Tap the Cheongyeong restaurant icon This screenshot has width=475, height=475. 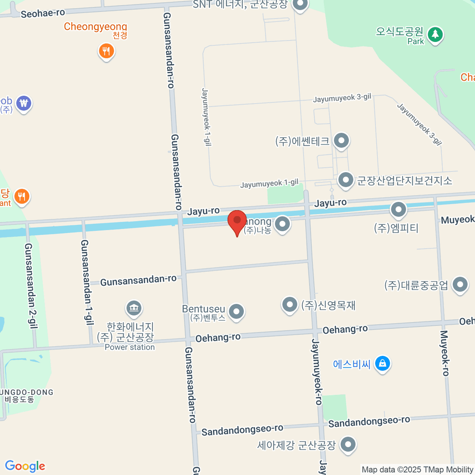(x=106, y=51)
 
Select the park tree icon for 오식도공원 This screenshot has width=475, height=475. (x=435, y=34)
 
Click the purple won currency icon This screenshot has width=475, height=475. (x=24, y=103)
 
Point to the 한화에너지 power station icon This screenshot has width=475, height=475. (x=134, y=308)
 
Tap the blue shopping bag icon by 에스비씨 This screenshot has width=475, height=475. (x=382, y=363)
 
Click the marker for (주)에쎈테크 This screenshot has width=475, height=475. (x=341, y=141)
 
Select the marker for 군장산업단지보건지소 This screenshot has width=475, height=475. (x=346, y=180)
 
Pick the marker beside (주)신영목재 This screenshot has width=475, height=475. (x=289, y=305)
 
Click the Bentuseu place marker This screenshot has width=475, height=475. (x=236, y=312)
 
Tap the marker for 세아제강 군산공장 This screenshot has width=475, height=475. (x=348, y=444)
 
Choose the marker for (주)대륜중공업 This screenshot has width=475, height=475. (x=460, y=284)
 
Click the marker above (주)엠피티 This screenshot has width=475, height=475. (x=398, y=210)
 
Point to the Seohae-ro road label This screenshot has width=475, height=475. (x=43, y=13)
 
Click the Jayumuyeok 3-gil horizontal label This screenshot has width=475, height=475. (x=342, y=98)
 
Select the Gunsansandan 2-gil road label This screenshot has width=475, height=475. (x=31, y=286)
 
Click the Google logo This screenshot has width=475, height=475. (x=25, y=466)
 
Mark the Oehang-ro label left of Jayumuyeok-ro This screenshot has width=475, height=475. (x=218, y=338)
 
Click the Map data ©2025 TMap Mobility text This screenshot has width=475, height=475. (x=418, y=469)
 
